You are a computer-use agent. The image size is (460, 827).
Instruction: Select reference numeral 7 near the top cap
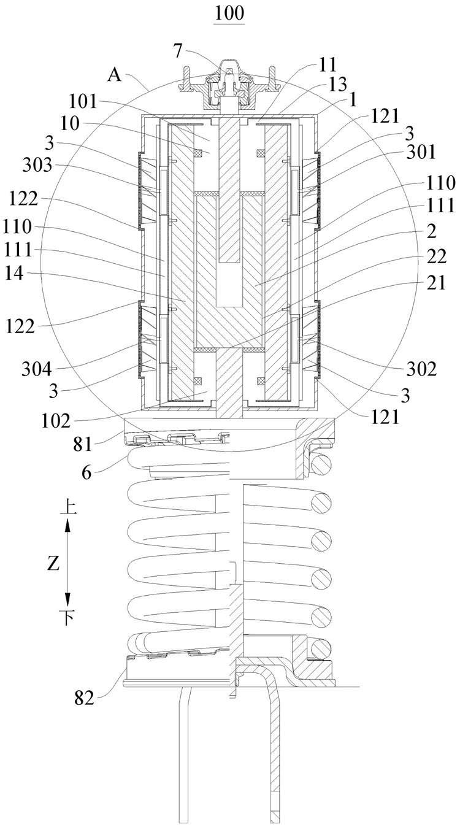point(178,51)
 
